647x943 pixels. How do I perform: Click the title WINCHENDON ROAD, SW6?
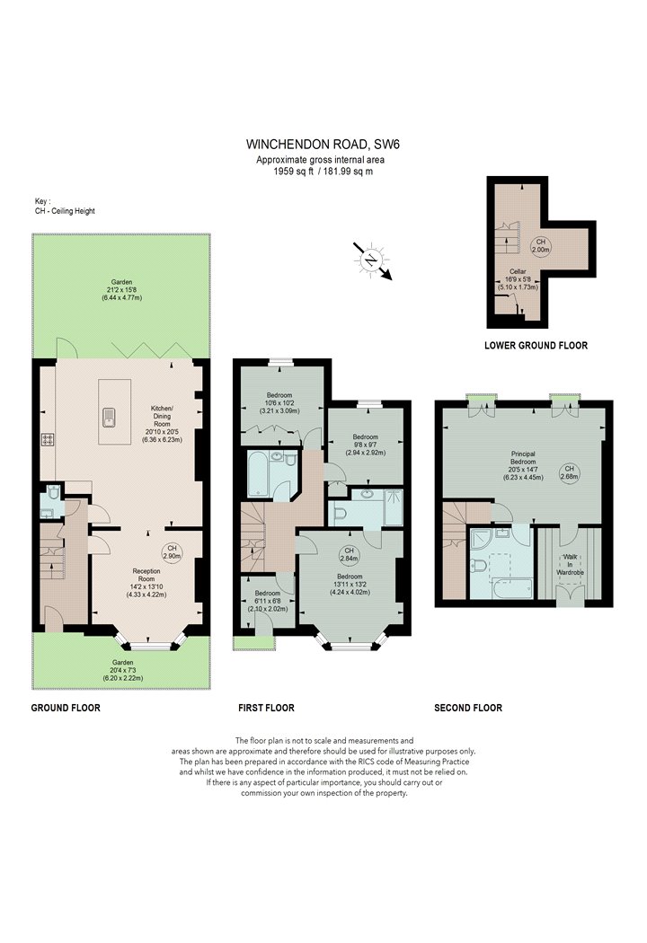323,145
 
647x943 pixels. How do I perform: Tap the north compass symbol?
372,260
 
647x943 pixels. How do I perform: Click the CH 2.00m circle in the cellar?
540,245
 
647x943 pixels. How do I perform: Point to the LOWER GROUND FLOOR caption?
536,345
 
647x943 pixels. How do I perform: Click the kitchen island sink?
109,416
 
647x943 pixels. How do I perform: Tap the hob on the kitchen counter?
48,440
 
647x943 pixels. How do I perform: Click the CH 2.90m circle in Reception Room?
172,552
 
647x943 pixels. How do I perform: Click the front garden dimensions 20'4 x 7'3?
123,671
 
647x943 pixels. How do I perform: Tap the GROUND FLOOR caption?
66,708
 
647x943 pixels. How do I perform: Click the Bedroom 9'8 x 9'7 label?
366,445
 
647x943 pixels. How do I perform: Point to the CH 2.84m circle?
349,554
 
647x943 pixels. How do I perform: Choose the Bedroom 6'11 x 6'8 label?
267,601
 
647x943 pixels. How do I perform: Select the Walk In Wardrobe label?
570,565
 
